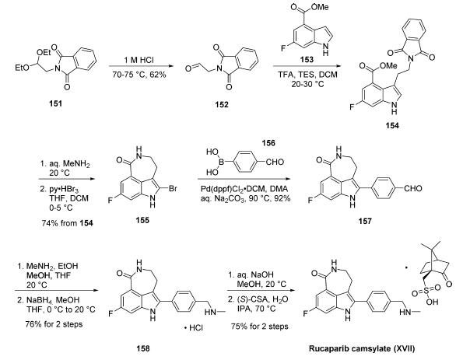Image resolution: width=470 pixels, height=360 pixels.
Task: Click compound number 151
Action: (56, 104)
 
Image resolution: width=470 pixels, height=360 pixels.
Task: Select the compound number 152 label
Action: (222, 104)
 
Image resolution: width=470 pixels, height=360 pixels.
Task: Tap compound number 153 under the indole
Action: (307, 60)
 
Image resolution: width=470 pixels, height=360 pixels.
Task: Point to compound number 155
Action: (142, 221)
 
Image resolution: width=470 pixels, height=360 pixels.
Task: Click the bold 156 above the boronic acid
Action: (268, 143)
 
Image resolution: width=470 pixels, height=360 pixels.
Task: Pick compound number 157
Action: (365, 222)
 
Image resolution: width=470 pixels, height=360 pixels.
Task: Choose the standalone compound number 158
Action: (143, 348)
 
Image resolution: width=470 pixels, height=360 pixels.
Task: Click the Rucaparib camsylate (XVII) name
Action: (362, 348)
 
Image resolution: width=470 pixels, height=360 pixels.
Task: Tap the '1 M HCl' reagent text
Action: (139, 60)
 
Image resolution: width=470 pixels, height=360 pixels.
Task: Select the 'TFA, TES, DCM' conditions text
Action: (307, 75)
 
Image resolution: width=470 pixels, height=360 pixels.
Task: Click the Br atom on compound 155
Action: (173, 189)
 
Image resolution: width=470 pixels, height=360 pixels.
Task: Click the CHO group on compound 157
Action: (412, 188)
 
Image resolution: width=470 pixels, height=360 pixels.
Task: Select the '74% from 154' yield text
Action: (67, 223)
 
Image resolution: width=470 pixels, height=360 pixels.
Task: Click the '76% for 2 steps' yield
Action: (54, 324)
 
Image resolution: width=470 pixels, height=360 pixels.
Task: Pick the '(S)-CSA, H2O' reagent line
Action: (258, 299)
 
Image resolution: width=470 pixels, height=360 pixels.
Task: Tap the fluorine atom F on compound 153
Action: (283, 48)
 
